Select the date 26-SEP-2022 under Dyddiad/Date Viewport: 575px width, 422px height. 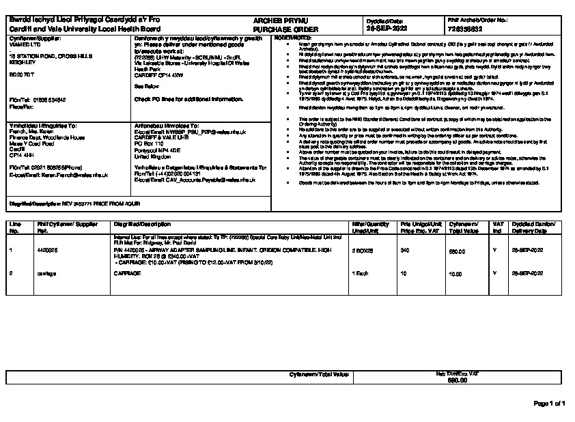point(387,30)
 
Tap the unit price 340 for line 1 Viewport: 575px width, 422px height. point(404,251)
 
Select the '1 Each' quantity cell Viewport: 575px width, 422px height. point(361,272)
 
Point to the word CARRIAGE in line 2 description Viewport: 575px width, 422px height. point(126,272)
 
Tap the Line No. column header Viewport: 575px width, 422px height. point(14,227)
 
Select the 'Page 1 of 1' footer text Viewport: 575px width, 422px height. point(549,404)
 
